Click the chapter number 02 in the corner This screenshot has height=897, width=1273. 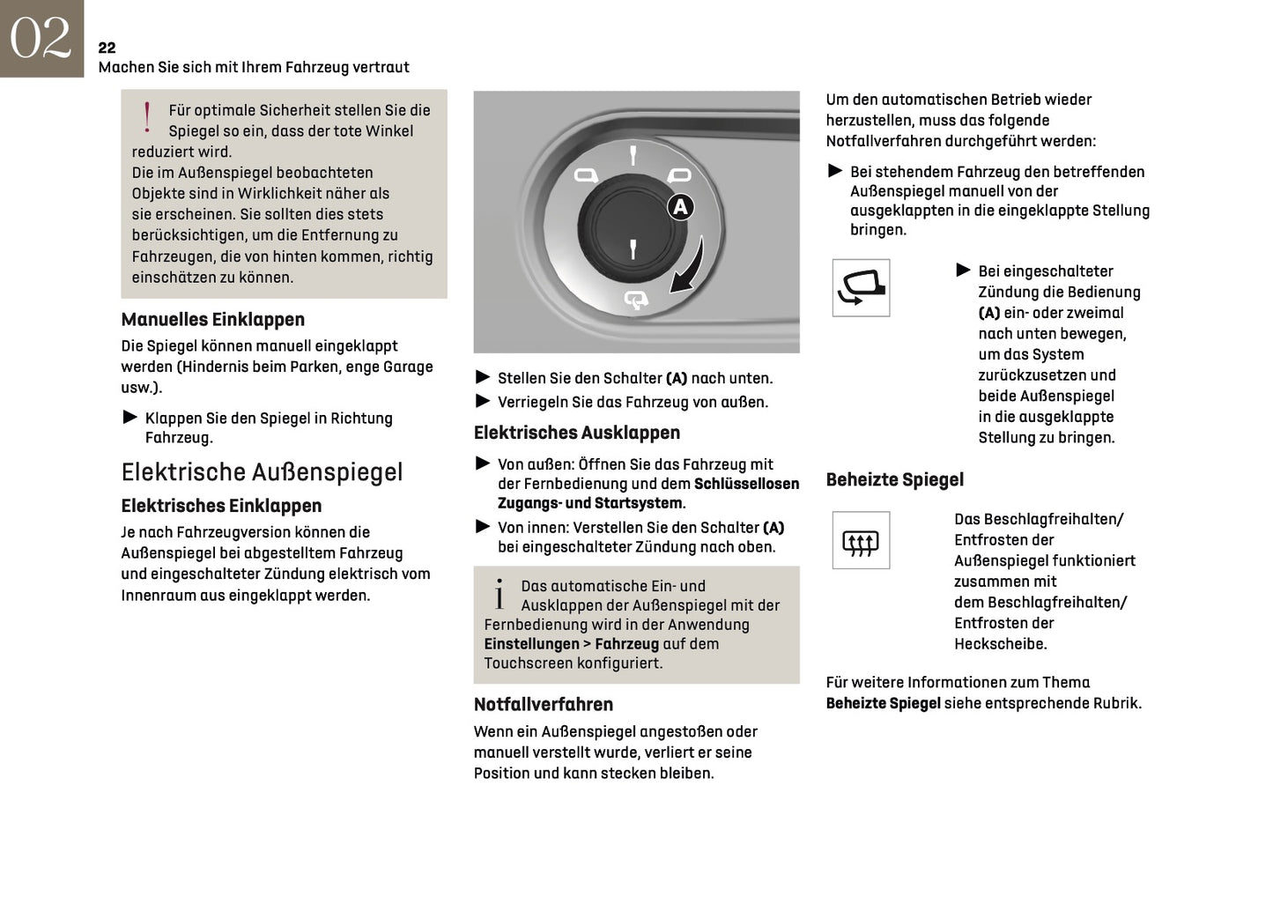pos(41,38)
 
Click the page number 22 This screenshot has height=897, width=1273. pos(107,48)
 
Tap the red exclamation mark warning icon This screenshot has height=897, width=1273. pos(147,117)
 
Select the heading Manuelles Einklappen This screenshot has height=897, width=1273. pos(212,320)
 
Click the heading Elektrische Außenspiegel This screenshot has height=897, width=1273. pos(262,472)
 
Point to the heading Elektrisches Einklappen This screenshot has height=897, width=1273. pos(221,506)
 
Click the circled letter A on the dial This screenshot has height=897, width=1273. pos(680,207)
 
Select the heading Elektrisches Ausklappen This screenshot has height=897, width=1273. pos(577,433)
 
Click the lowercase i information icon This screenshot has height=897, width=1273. pos(500,595)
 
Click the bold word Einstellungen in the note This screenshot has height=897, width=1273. pos(531,644)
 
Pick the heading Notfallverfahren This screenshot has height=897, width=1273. pos(544,705)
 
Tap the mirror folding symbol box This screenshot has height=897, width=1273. pos(861,288)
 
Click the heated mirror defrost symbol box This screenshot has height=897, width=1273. pos(861,540)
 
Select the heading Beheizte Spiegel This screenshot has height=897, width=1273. pos(894,480)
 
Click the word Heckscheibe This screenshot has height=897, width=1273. pos(1000,644)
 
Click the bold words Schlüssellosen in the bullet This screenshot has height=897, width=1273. pos(746,484)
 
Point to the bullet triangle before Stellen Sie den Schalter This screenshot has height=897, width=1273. pos(482,377)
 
